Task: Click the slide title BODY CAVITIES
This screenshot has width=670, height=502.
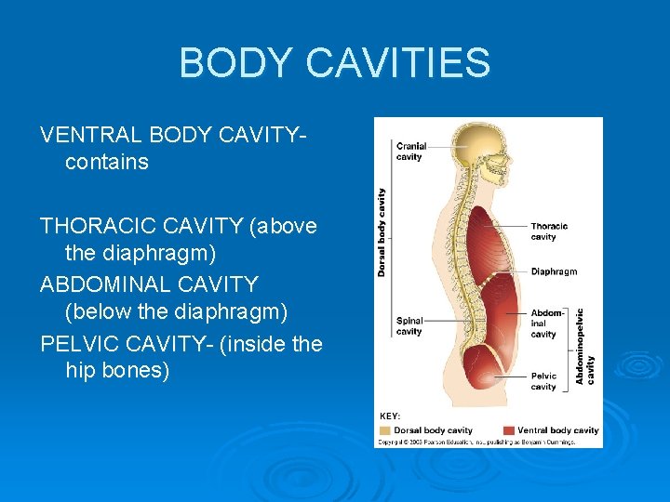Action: point(334,63)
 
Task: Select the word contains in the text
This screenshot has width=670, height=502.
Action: point(107,162)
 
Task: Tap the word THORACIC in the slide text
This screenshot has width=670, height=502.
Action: point(98,226)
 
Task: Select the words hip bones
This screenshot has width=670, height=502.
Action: point(117,370)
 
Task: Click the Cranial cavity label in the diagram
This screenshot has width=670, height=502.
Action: point(410,152)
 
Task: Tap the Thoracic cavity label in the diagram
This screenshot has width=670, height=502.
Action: point(548,231)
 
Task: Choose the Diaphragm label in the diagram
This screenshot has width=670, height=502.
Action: point(554,271)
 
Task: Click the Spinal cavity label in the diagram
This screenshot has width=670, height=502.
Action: point(409,325)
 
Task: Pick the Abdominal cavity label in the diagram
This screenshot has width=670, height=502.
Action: point(545,323)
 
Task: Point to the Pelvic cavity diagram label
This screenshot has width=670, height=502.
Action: point(543,381)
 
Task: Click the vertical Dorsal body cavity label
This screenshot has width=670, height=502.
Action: point(382,231)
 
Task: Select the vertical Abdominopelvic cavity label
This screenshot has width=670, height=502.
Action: point(584,346)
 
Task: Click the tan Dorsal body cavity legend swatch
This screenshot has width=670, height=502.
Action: point(384,430)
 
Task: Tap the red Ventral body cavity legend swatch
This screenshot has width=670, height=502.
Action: point(508,430)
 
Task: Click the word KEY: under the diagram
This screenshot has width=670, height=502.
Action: point(390,416)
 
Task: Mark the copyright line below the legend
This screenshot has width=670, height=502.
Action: point(476,442)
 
